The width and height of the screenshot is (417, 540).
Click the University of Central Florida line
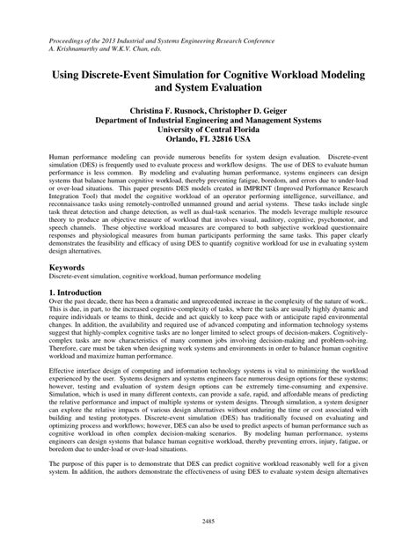(208, 129)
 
